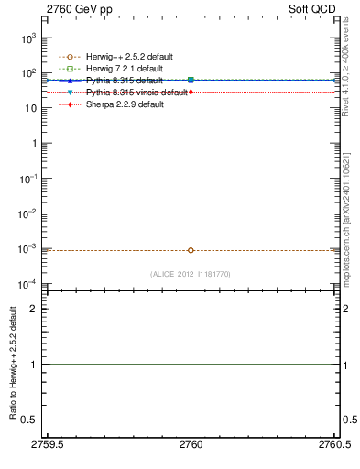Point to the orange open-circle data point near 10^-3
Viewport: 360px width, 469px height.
[191, 250]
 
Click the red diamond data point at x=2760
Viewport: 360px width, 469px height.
[191, 93]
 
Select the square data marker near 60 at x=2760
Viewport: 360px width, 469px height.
[191, 81]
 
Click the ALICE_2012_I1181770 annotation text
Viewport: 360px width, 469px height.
[191, 274]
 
